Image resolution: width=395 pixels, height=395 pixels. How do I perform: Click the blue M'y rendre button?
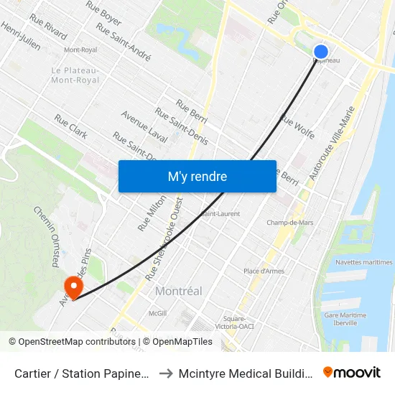coord(197,176)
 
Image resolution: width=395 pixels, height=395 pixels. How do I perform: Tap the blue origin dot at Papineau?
coord(321,51)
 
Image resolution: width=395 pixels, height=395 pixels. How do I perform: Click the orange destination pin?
coord(73,288)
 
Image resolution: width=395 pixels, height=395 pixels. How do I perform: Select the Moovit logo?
coord(351,372)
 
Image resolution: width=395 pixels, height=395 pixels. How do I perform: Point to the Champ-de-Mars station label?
coord(290,223)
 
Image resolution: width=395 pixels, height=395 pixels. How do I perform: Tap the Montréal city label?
coord(178,291)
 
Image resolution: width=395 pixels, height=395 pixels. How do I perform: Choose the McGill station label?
coord(157,313)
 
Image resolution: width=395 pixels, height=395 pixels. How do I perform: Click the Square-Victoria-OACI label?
coord(235,322)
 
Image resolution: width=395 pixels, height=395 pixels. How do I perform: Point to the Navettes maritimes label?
coord(363,262)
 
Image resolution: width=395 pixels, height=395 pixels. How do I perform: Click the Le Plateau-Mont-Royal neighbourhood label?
coord(75,75)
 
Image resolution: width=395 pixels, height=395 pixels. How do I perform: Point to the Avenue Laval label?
coord(144,126)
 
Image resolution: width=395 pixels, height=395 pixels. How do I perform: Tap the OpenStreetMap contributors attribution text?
coord(73,342)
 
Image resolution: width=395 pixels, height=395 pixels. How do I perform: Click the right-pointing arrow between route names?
coord(164,373)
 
